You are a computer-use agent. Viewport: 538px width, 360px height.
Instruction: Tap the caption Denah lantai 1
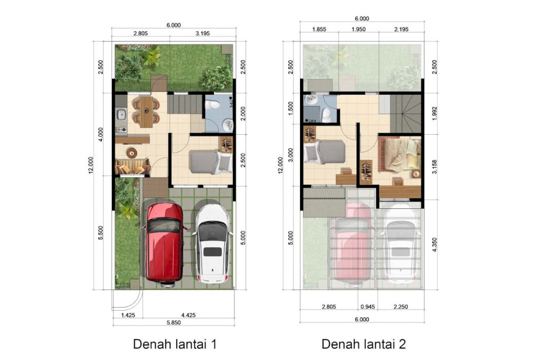click(175, 344)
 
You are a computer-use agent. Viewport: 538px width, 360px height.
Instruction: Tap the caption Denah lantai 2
click(364, 344)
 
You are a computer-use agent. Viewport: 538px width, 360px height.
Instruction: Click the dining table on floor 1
click(146, 112)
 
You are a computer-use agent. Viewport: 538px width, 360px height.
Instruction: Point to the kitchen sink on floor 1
click(121, 114)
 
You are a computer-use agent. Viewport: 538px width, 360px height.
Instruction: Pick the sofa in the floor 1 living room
click(132, 167)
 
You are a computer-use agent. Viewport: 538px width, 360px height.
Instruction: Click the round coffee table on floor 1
click(132, 152)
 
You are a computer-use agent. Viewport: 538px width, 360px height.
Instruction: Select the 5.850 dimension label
click(174, 322)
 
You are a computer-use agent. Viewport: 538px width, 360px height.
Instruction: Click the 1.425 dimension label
click(127, 315)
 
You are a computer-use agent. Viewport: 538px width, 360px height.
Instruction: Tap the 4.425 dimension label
click(189, 315)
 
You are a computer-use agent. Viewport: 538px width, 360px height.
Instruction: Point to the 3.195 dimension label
click(202, 33)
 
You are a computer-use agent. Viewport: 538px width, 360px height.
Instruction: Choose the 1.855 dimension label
click(319, 29)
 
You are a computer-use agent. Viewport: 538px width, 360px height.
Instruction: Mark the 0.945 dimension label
click(368, 307)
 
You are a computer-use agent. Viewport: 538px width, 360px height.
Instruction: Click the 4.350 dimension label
click(435, 245)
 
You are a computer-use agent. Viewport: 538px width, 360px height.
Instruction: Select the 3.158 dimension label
click(435, 167)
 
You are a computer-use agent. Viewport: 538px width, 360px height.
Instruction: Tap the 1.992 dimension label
click(435, 113)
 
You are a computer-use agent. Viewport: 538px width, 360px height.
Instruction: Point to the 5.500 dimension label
click(101, 232)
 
